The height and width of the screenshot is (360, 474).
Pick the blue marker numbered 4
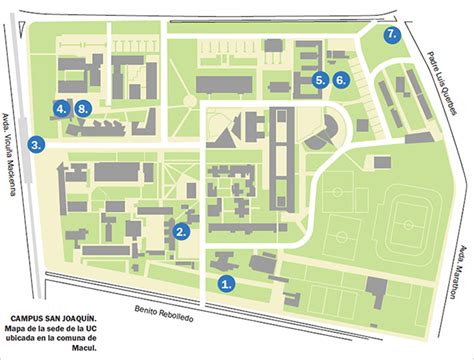click(x=62, y=108)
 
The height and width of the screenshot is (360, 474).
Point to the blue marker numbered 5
click(x=319, y=79)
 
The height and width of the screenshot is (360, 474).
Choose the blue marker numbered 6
click(x=341, y=79)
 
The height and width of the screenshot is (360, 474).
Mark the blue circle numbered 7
click(x=393, y=33)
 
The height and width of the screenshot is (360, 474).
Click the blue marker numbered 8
click(x=84, y=108)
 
